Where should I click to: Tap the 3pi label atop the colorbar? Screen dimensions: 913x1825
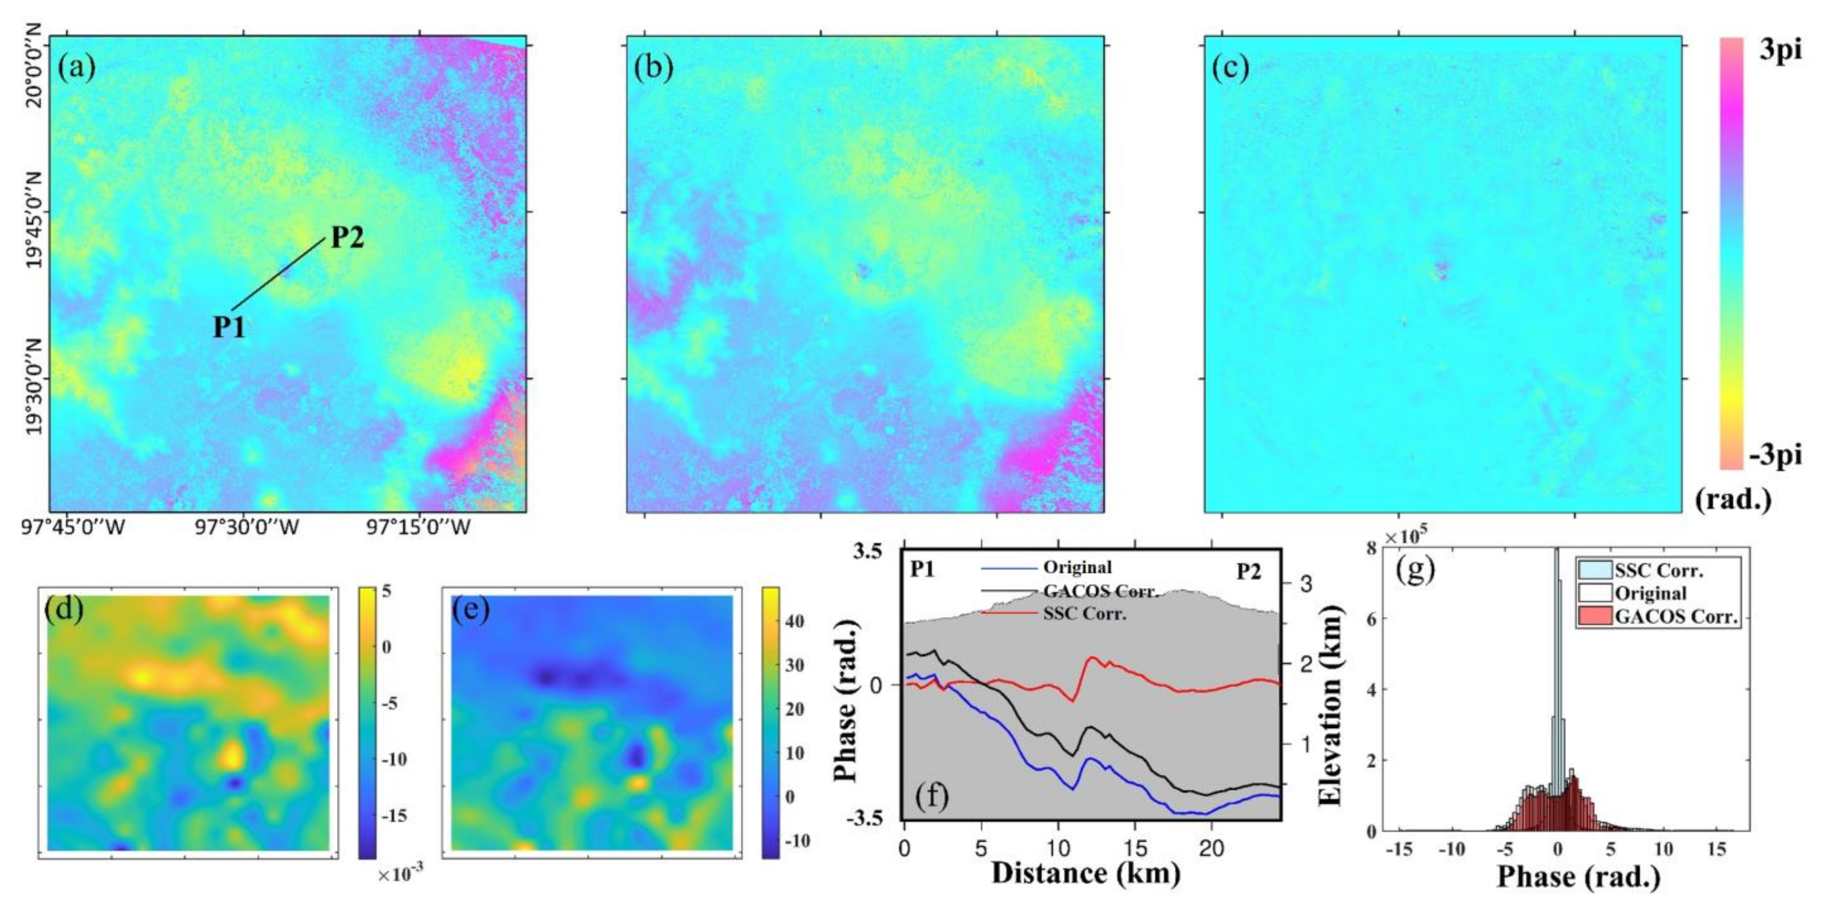pos(1780,51)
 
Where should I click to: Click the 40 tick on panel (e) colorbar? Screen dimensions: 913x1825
pos(795,621)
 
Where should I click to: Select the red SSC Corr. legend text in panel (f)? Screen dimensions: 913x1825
pos(1084,613)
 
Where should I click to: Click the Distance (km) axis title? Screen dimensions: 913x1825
pos(1085,873)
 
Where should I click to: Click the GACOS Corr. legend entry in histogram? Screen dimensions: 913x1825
pos(1676,617)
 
